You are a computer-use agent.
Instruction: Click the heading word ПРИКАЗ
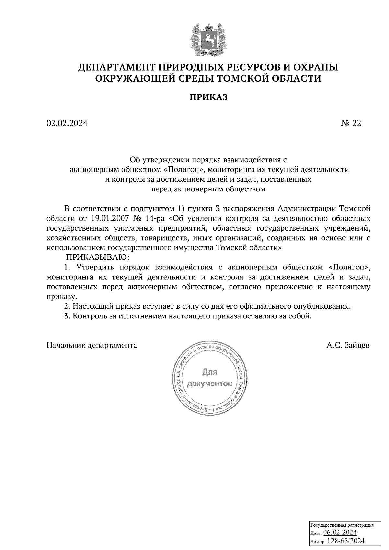pos(208,97)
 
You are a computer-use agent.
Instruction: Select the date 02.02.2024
pos(67,123)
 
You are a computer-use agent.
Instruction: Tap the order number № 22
pos(351,123)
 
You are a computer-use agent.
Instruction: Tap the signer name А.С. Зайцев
pos(348,345)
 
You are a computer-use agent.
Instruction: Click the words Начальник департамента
pos(92,345)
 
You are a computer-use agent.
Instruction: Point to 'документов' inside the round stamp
pos(210,384)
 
